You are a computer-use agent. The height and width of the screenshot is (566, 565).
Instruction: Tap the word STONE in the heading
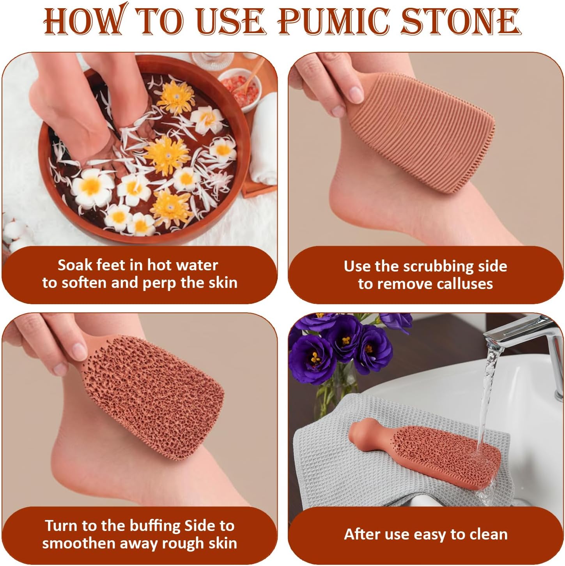tap(461, 21)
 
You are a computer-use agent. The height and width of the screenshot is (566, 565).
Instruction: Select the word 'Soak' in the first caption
tap(75, 265)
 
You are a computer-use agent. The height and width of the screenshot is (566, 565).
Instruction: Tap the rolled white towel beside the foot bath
tap(263, 138)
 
